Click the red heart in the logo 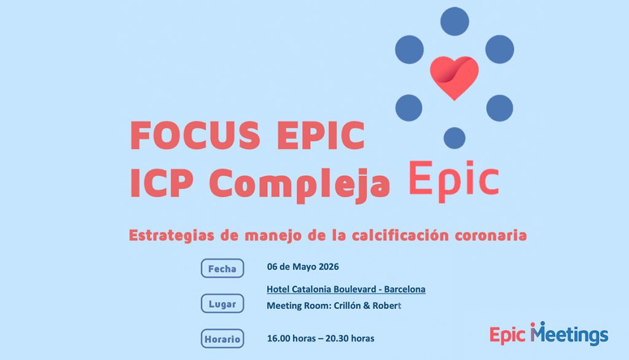coord(454,77)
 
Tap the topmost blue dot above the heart coord(455,22)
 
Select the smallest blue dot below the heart coord(455,138)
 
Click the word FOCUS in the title coord(195,135)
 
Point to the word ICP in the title coord(162,183)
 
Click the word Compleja coord(300,185)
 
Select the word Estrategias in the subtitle coord(172,235)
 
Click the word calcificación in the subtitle coord(400,235)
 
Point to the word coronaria coord(491,235)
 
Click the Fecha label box coord(222,268)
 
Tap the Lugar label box coord(222,304)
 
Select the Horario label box coord(222,338)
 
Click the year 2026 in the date coord(329,267)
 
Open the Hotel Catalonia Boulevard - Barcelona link coord(346,289)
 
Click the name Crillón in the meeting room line coord(348,306)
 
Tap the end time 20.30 coord(337,338)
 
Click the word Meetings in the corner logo coord(569,334)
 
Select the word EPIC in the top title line coord(321,135)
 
